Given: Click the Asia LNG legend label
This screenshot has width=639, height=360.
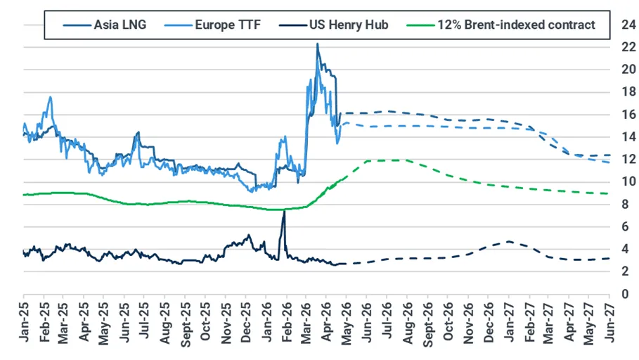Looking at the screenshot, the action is point(120,25).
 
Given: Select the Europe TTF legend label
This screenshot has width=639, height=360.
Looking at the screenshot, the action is point(227,25).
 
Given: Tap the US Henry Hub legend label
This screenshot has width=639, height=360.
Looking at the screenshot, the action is point(349,25).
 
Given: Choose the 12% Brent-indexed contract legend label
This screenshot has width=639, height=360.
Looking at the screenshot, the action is point(517,25).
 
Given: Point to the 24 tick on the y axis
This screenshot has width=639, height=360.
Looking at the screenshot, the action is point(628,25).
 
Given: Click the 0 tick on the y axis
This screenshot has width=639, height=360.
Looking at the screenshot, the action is point(625,293).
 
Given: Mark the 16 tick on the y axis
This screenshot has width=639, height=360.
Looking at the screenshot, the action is point(628,114).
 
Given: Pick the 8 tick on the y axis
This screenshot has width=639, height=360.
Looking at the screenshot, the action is point(625,205).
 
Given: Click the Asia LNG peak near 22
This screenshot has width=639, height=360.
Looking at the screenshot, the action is point(318,44).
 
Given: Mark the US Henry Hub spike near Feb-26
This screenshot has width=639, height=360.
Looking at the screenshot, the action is point(284,212).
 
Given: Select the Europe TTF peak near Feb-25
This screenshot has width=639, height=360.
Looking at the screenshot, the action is point(50,97).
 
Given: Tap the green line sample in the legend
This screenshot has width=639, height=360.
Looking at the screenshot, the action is point(420,25).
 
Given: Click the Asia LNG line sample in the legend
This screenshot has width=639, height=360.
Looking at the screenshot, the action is point(77,25).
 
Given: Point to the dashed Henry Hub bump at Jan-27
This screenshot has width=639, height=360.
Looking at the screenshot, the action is point(508,241).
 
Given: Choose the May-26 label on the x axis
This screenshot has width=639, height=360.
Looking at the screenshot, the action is point(347,323).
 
